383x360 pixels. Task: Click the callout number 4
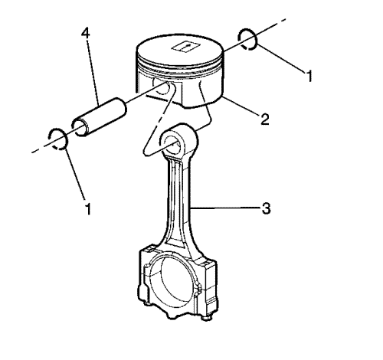tap(86, 33)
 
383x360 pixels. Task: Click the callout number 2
tap(265, 119)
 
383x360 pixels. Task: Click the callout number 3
tap(266, 208)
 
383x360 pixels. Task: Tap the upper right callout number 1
tap(309, 76)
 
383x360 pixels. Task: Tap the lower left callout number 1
tap(88, 209)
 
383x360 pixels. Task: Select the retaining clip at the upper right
tap(247, 39)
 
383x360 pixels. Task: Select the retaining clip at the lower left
tap(58, 139)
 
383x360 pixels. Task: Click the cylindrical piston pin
tap(100, 117)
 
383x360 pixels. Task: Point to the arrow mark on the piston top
tap(185, 47)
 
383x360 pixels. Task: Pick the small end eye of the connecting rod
tap(178, 140)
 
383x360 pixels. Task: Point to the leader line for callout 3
tap(225, 208)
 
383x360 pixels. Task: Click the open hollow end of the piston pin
tap(80, 127)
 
